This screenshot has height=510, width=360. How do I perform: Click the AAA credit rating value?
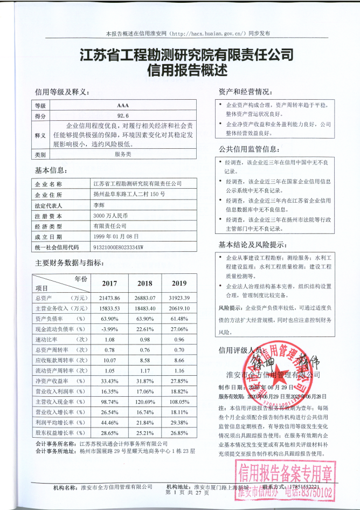tap(122, 106)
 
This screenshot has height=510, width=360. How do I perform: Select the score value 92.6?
tap(122, 115)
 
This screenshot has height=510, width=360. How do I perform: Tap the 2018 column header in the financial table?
tap(145, 284)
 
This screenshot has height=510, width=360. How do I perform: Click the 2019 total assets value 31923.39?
tap(179, 298)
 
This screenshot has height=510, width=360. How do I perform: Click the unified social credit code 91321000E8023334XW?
tap(121, 247)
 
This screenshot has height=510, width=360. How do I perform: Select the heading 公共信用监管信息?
tap(248, 149)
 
